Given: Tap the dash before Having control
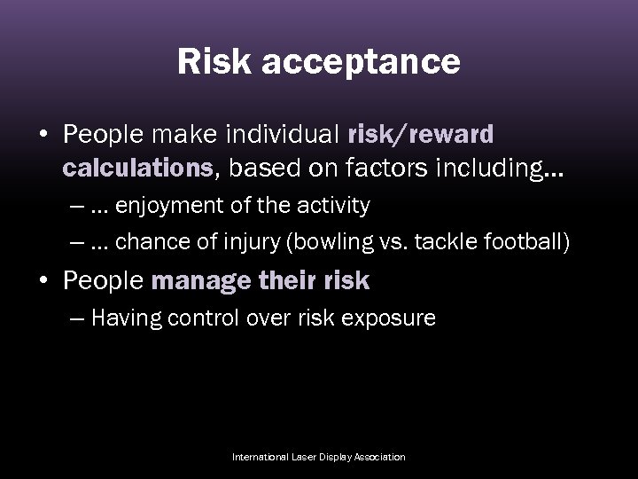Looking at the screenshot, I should pos(75,318).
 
